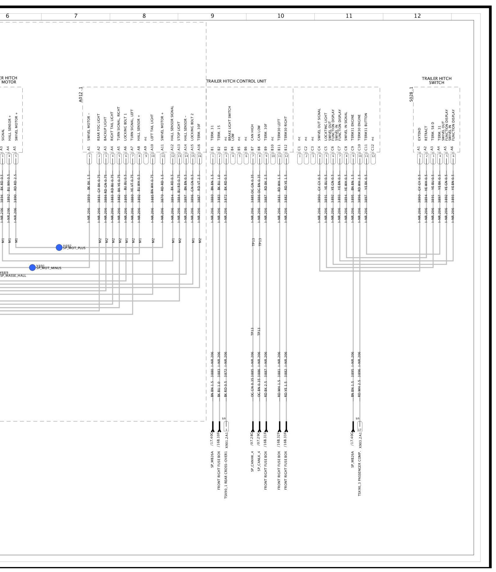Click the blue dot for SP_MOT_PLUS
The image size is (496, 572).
59,247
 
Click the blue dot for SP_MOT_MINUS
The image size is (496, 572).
32,267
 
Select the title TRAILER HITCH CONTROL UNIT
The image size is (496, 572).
236,81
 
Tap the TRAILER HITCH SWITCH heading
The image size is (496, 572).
436,81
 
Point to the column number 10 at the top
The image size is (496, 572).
281,16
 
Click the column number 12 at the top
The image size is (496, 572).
417,16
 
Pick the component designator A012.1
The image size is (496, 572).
81,95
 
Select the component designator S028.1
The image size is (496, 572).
411,95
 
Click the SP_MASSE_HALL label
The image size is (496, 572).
13,276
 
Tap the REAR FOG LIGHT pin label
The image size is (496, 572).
99,127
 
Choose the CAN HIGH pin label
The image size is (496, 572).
252,132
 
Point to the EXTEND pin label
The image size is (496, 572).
419,134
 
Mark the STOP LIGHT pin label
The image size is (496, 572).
179,131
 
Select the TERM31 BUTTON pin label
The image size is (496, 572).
366,126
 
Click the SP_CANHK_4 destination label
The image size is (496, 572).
252,461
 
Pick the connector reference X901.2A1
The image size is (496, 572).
226,440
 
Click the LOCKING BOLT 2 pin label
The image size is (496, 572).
192,127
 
